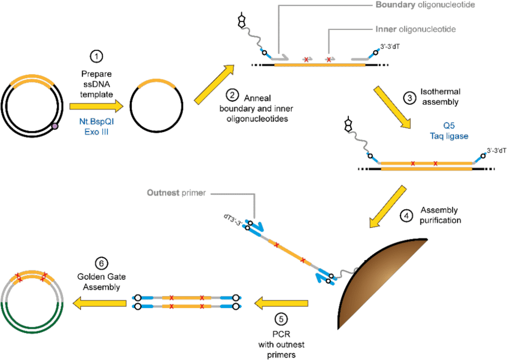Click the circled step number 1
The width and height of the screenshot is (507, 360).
pyautogui.click(x=96, y=57)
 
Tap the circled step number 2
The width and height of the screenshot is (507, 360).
pyautogui.click(x=233, y=94)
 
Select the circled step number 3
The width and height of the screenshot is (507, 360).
pyautogui.click(x=409, y=98)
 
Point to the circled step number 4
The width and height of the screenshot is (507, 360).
pyautogui.click(x=407, y=216)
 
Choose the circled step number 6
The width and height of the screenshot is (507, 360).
pyautogui.click(x=101, y=264)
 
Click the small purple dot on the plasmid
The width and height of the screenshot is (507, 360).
pyautogui.click(x=56, y=126)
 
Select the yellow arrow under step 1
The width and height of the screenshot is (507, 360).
pyautogui.click(x=96, y=106)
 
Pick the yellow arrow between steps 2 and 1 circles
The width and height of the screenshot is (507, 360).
pyautogui.click(x=213, y=84)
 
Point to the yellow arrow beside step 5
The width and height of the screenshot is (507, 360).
pyautogui.click(x=281, y=304)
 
